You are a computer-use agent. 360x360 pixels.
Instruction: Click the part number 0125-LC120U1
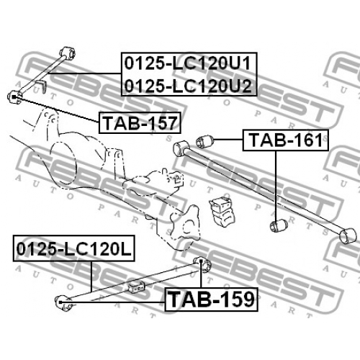(x=187, y=63)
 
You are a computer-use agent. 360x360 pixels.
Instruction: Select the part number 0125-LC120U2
(x=188, y=86)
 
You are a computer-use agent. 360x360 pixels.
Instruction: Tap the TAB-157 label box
(x=140, y=122)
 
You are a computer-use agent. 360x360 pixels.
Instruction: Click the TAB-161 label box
(x=286, y=140)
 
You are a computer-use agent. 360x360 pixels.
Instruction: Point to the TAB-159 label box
(x=211, y=300)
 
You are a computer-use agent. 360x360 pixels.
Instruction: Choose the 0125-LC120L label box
(x=74, y=248)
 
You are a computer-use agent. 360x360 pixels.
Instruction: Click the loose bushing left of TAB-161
(x=204, y=141)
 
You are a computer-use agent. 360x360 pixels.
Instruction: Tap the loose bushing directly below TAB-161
(x=279, y=225)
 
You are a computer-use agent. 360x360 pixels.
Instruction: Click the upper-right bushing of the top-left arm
(x=68, y=53)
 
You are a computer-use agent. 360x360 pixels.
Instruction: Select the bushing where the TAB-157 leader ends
(x=14, y=97)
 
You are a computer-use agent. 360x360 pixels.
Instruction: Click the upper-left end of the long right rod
(x=181, y=148)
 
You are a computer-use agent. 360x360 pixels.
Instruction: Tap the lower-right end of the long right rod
(x=348, y=235)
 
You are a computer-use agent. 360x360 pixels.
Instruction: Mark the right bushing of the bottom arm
(x=202, y=264)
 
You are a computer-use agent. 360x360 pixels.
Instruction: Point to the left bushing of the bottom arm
(x=63, y=302)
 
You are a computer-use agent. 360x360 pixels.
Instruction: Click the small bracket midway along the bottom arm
(x=137, y=286)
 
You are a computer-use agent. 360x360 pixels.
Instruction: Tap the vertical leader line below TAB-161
(x=276, y=186)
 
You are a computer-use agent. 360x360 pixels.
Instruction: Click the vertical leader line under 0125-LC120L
(x=91, y=276)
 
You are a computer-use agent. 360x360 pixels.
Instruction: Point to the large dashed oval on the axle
(x=63, y=164)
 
